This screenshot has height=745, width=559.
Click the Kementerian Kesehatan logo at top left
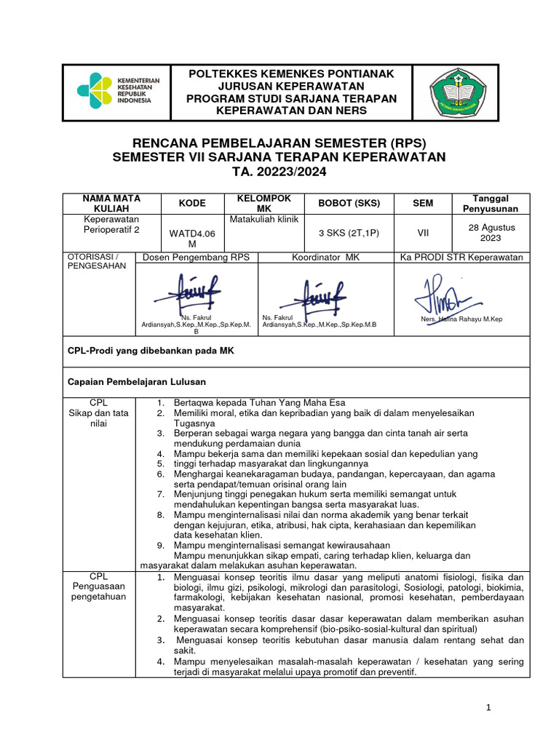(x=115, y=91)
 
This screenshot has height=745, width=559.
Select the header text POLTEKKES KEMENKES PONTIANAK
(x=291, y=74)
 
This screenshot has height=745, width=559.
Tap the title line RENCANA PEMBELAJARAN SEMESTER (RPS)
(x=279, y=143)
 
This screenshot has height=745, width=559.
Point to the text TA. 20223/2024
(x=279, y=172)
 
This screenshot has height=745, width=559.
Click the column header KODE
(x=192, y=204)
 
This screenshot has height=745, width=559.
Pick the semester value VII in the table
(x=423, y=233)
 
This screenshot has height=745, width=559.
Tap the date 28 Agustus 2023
(x=491, y=233)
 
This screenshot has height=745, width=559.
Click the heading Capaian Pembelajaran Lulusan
(x=137, y=381)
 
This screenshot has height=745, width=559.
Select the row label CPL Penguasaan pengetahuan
(x=98, y=587)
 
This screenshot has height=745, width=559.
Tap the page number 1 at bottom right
(x=490, y=707)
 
